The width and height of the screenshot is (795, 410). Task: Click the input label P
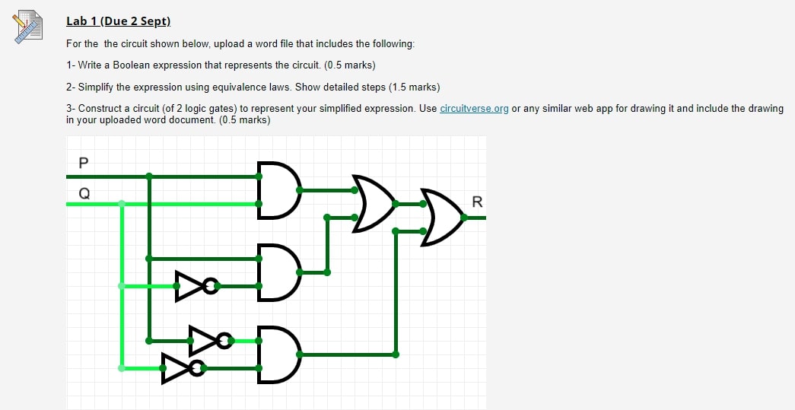pyautogui.click(x=84, y=161)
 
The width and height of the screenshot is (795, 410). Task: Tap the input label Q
pyautogui.click(x=84, y=192)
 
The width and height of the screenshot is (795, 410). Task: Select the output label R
pyautogui.click(x=477, y=202)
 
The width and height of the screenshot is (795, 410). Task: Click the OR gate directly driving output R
pyautogui.click(x=441, y=218)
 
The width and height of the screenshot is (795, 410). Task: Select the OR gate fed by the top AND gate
pyautogui.click(x=373, y=204)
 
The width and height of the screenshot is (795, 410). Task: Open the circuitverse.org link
pyautogui.click(x=474, y=109)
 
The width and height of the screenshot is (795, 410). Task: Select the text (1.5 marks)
pyautogui.click(x=413, y=87)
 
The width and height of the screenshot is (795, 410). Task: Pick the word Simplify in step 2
pyautogui.click(x=95, y=87)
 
